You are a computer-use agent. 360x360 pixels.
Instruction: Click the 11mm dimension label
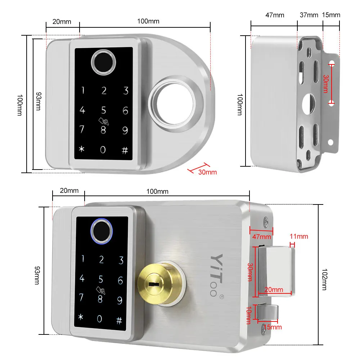[299, 237]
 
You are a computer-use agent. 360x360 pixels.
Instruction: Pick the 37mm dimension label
[309, 15]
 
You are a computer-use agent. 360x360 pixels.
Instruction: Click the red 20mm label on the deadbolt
[274, 289]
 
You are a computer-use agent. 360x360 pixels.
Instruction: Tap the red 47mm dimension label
[261, 237]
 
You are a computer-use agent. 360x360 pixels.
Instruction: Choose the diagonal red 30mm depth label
[207, 172]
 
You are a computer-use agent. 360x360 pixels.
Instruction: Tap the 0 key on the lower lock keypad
[99, 319]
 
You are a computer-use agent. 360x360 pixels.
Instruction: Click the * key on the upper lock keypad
[82, 150]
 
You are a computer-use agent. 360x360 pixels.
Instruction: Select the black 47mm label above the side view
[275, 15]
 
